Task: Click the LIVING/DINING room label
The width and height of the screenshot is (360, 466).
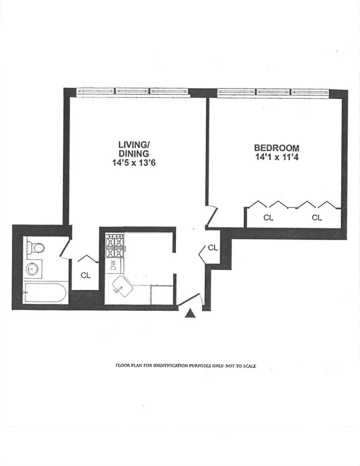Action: (134, 149)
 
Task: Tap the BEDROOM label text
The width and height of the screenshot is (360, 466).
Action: (276, 148)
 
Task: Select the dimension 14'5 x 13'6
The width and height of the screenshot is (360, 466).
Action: (134, 164)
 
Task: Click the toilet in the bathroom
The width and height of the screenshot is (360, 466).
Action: (35, 247)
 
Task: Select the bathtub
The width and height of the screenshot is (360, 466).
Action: (45, 293)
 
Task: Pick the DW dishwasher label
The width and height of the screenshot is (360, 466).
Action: (113, 265)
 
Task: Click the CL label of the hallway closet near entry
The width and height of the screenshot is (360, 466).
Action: (212, 248)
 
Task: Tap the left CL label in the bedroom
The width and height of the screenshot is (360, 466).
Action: (268, 217)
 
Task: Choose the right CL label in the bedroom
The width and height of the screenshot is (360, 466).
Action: (317, 217)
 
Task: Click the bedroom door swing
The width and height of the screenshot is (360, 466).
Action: (211, 216)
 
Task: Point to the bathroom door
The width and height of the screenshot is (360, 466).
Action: (64, 249)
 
